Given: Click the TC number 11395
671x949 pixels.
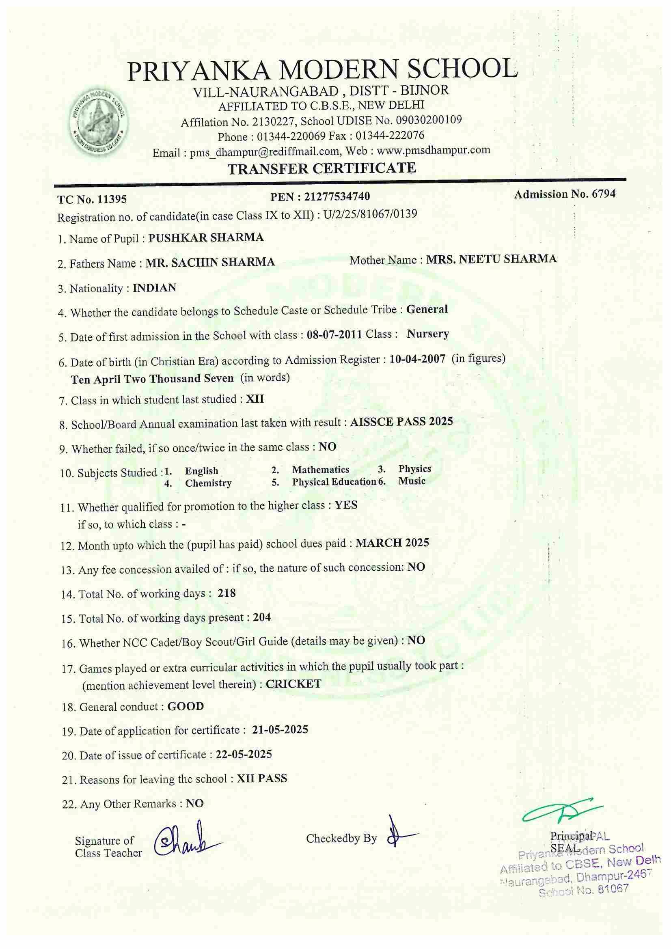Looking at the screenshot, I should coord(112,200).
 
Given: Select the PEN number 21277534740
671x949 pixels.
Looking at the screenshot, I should coord(337,196).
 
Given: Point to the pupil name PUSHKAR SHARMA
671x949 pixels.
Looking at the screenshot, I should coord(206,238).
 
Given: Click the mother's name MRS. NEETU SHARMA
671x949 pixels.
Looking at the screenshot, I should coord(492,259).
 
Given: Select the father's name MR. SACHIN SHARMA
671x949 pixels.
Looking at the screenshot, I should coord(210,262).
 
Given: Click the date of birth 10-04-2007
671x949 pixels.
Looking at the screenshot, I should coord(417,359).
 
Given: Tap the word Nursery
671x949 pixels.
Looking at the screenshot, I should coord(428,334).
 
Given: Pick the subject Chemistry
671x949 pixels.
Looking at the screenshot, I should coord(208,483).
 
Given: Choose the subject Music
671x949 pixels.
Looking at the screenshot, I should coord(412,481).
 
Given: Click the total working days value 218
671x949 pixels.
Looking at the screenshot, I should coord(227,593).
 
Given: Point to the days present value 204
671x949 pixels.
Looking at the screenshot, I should coord(262,617).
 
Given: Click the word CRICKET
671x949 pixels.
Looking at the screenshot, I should coord(293,684).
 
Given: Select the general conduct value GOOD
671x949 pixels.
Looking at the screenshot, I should coord(186,706).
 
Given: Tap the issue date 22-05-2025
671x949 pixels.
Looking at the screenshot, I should coord(244,754).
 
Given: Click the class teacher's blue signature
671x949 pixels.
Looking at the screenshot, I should coord(186,839).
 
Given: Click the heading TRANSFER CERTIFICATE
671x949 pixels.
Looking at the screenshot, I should coord(322,168).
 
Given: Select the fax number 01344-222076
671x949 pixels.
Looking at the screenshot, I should coord(390,136).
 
